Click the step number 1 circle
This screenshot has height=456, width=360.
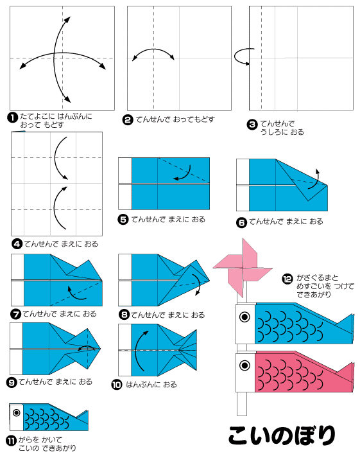pos(12,117)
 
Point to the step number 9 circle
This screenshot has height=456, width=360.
pos(12,382)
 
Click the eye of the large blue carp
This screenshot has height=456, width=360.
pos(244,316)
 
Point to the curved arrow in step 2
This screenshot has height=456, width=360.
pos(154,54)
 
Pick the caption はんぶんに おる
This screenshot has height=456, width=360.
pos(151,385)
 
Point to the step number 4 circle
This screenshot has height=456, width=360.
pos(16,243)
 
